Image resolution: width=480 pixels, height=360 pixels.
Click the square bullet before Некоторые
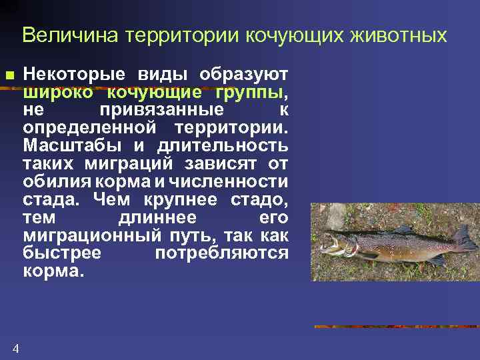(x=9, y=74)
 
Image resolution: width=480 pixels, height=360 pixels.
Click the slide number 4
(x=15, y=348)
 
